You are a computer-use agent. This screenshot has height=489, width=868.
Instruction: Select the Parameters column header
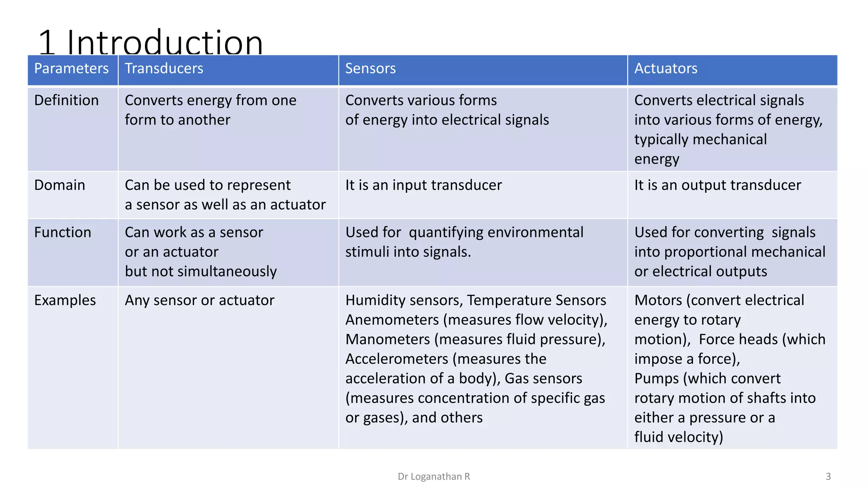(71, 68)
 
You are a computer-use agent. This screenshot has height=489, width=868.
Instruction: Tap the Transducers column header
(164, 68)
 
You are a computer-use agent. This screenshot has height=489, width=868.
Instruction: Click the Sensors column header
(370, 68)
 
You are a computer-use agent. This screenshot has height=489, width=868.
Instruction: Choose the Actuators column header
(665, 68)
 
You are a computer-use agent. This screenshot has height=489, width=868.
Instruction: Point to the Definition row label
(66, 100)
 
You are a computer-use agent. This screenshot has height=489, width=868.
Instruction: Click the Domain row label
(59, 185)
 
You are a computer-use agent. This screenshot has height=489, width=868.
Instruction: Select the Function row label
(62, 232)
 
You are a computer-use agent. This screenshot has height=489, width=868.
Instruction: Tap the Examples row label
(65, 300)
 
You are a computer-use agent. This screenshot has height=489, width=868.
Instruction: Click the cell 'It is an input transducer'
(423, 185)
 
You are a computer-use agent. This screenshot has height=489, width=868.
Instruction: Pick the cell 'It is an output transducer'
(717, 185)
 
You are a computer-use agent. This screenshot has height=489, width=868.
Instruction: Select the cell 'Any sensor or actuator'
(199, 300)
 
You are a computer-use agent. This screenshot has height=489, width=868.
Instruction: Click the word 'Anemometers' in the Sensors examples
(392, 320)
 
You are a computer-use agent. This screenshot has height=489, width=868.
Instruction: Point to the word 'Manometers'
(388, 339)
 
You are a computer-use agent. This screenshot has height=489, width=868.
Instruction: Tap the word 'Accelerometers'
(397, 359)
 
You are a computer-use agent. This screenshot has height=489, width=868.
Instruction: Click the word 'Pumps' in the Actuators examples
(657, 378)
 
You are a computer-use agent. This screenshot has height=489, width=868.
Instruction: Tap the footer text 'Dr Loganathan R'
(434, 476)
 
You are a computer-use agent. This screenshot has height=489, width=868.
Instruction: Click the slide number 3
(828, 476)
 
